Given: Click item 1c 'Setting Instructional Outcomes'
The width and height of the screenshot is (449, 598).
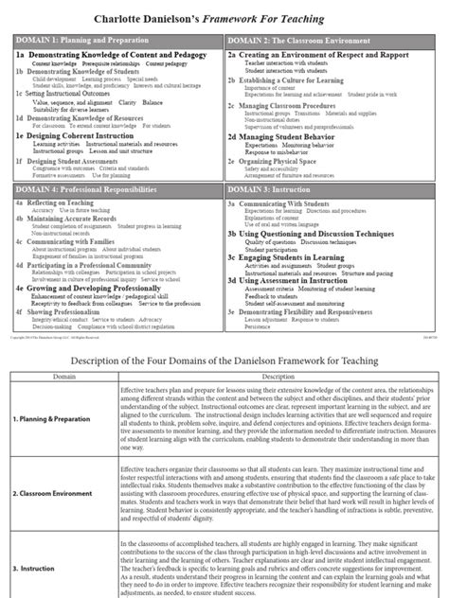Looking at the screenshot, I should (66, 94).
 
